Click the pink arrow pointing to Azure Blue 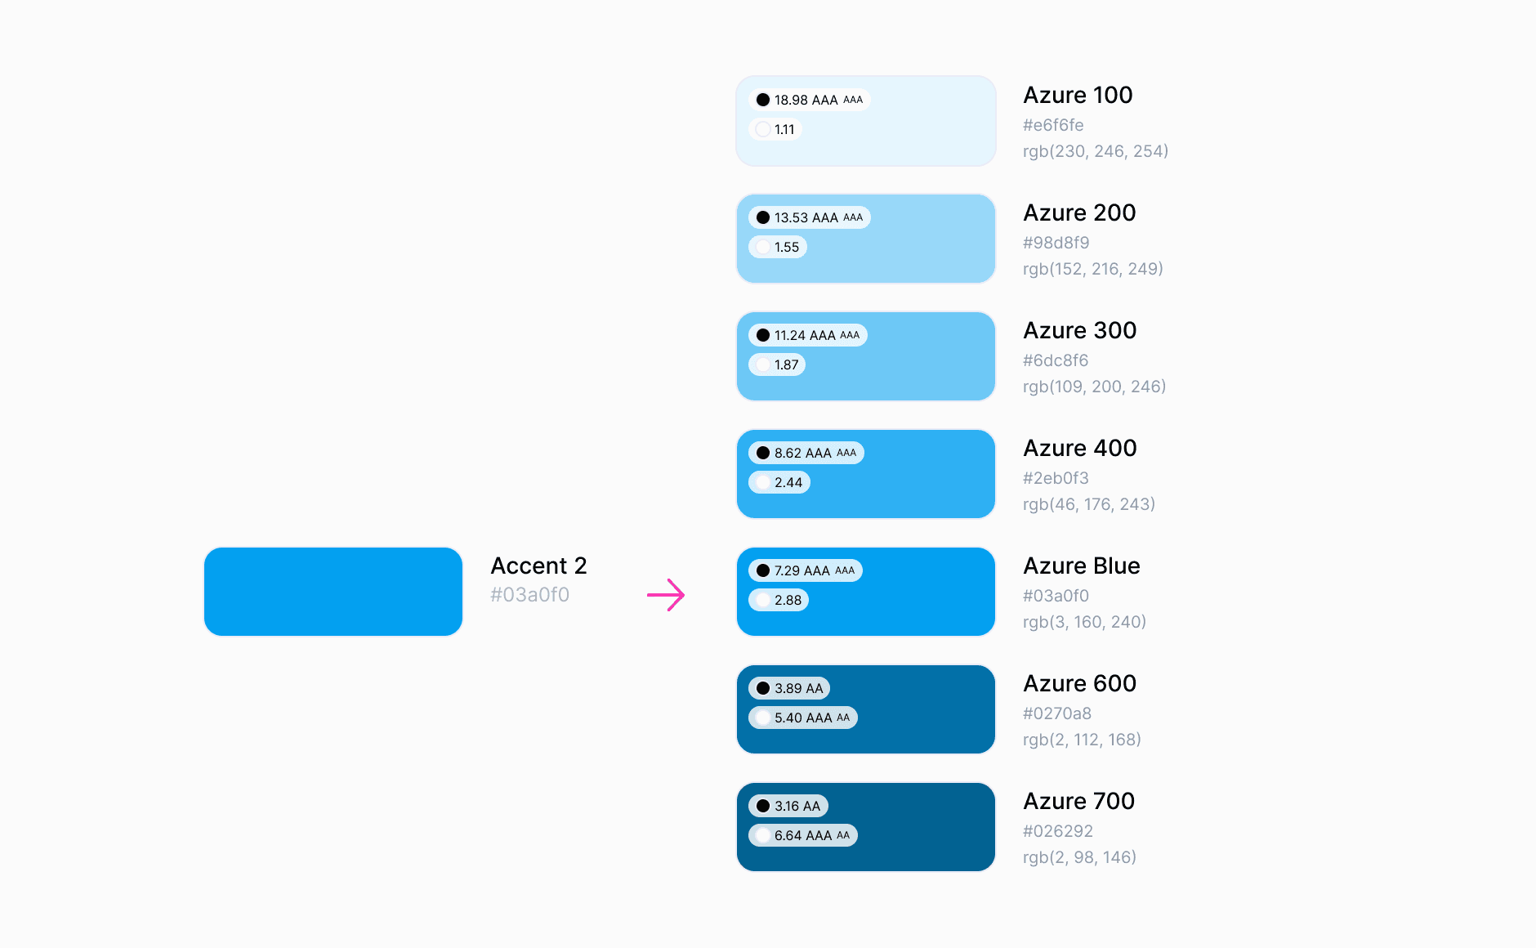click(x=666, y=595)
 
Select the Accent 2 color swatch click(x=333, y=592)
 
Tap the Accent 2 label click(x=538, y=566)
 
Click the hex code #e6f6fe click(x=1053, y=125)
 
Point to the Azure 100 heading click(x=1078, y=95)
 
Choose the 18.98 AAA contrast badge click(x=809, y=100)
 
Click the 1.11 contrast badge click(x=775, y=129)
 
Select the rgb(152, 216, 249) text click(x=1092, y=269)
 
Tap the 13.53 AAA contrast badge click(x=809, y=217)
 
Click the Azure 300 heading click(x=1079, y=330)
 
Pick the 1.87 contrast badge click(x=777, y=364)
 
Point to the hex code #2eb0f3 click(x=1056, y=478)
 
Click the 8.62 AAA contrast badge click(x=806, y=453)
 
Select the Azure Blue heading click(x=1082, y=566)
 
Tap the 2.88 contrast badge click(x=779, y=600)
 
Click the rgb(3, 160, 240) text click(x=1084, y=622)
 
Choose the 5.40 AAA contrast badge click(x=803, y=718)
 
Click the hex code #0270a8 click(x=1057, y=713)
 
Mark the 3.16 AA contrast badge click(x=788, y=806)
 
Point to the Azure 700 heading click(x=1079, y=801)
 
